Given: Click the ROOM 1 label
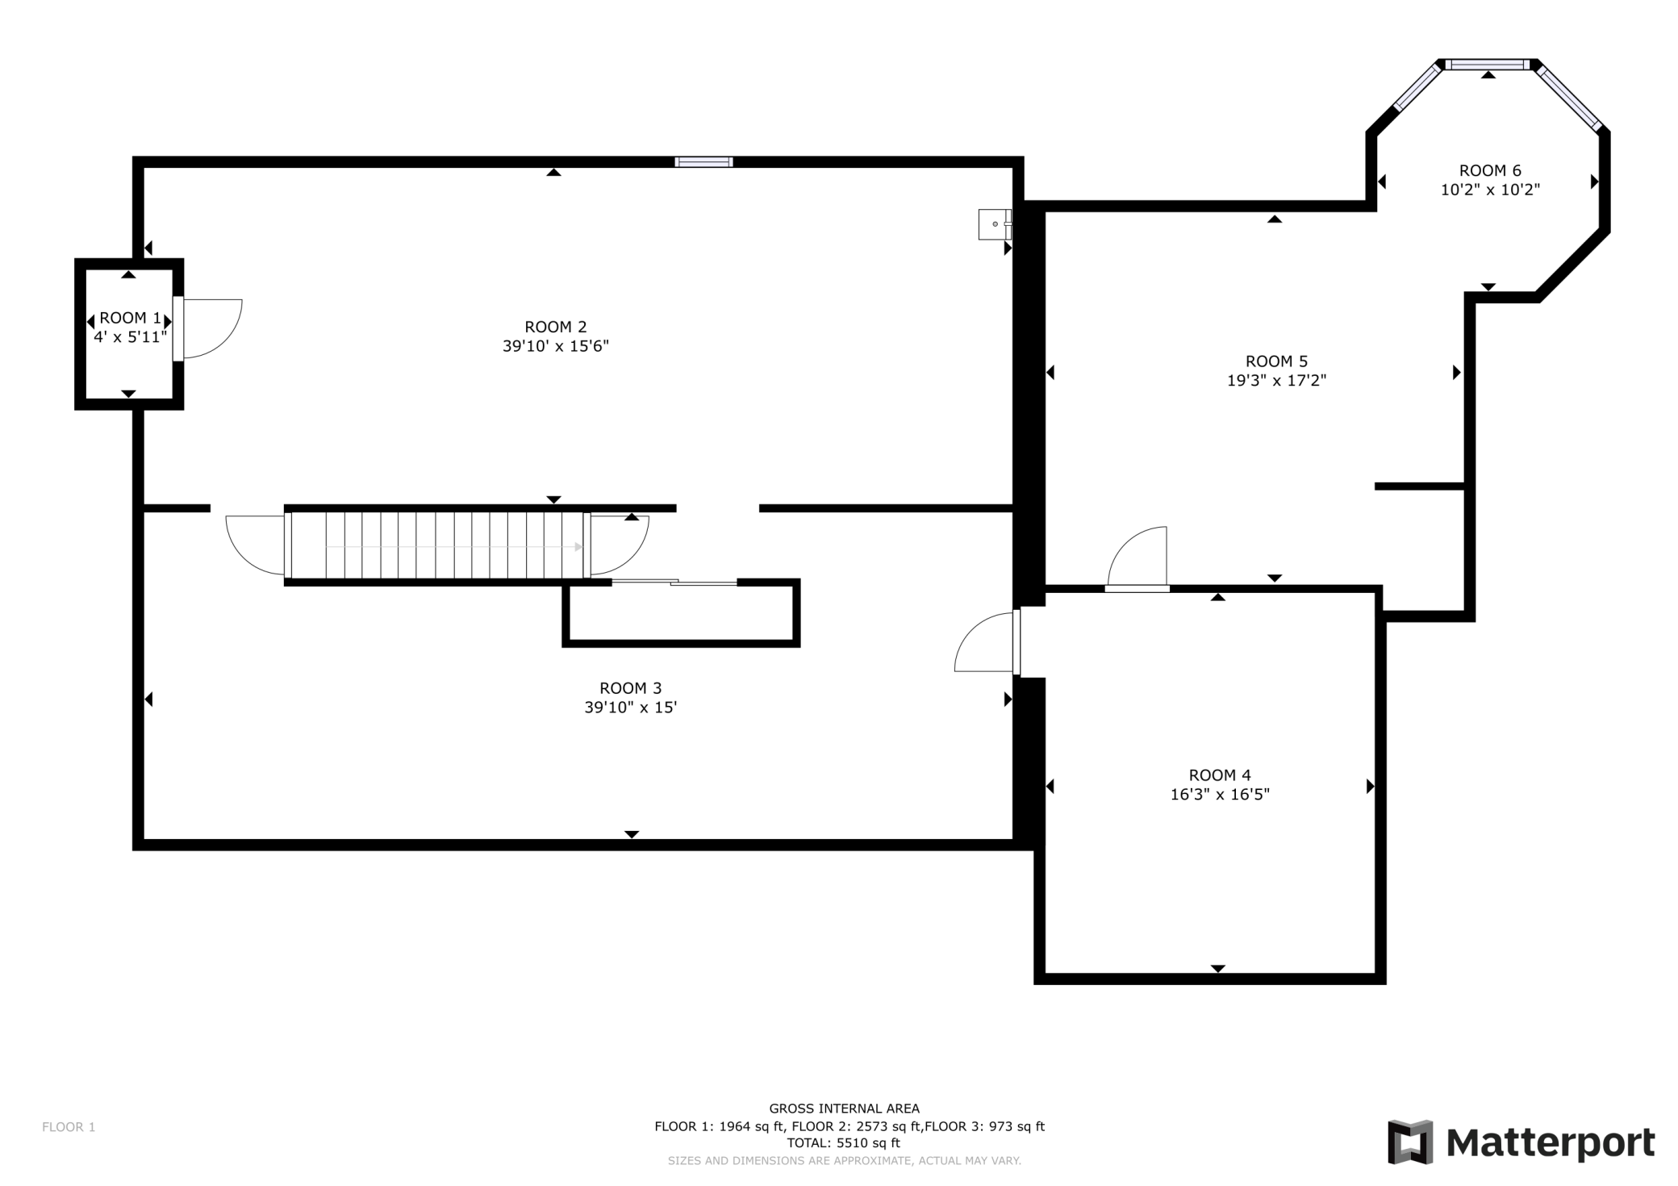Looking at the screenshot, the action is pos(130,318).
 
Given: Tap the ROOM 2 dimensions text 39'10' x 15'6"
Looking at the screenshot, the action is pos(556,346).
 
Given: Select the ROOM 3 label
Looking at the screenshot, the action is pos(631,688).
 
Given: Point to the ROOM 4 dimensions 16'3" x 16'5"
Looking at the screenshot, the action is pos(1220,795).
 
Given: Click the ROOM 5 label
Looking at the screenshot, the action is pos(1276,361).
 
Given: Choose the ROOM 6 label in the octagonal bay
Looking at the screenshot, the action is pos(1490,170).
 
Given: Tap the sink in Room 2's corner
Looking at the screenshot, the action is pos(995,223).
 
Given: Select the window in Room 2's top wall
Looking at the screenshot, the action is pos(703,161).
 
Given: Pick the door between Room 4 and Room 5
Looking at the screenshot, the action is pos(1137,558).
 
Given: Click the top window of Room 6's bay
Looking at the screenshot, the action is pos(1488,65).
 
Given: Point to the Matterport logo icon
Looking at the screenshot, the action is pos(1410,1142).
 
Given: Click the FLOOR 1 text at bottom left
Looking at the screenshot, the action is pos(69,1127).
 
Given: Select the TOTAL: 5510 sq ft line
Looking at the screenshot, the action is pos(844,1143).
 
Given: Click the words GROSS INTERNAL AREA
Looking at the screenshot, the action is pos(844,1109).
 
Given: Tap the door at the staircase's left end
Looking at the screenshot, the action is pos(257,545).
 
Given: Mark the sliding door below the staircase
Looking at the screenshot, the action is pos(674,582).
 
